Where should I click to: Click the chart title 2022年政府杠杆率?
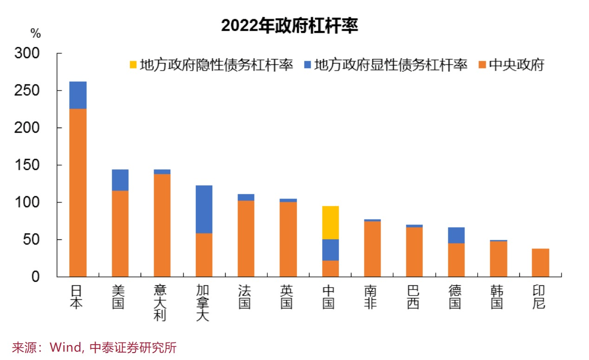pos(289,26)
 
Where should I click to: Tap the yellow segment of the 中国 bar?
pos(330,223)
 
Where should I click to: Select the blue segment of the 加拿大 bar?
pos(204,209)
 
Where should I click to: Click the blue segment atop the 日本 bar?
pos(78,95)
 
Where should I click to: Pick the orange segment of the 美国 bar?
pos(120,234)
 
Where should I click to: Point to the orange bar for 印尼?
pos(540,263)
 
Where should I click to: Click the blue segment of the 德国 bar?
pos(456,235)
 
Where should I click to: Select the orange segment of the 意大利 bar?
pos(162,225)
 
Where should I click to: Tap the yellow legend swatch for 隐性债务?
pos(133,65)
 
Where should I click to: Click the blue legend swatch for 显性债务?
pos(307,65)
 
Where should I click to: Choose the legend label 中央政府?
pos(517,65)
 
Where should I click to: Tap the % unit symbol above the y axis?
pos(36,33)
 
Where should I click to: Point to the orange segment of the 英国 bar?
pos(288,239)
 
